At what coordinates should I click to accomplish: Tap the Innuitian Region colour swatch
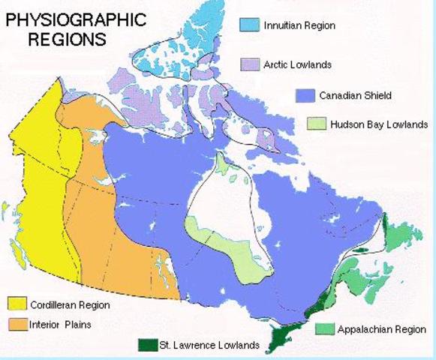coord(251,25)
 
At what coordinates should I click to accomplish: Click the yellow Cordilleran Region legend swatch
coord(17,304)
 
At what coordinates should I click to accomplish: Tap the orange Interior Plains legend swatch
coord(17,324)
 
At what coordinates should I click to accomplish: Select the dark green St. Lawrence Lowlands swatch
coord(147,346)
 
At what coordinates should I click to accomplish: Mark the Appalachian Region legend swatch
coord(324,329)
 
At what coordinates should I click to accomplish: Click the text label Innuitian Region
coord(299,25)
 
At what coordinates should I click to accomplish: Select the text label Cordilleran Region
coord(70,305)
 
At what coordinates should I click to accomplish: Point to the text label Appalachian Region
coord(381,329)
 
